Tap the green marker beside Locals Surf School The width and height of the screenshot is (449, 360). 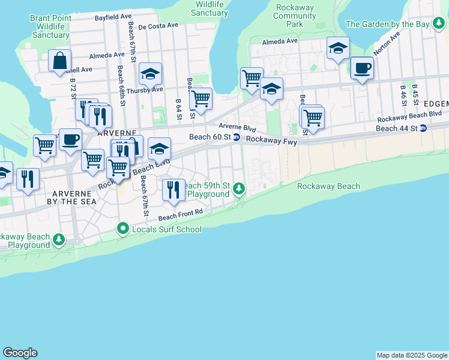pos(123,229)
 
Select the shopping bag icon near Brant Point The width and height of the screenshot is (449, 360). pos(60,61)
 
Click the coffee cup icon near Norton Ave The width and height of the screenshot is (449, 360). pos(361,68)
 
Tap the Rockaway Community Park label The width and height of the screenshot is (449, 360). pos(295,16)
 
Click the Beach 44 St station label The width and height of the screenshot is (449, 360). pos(396,128)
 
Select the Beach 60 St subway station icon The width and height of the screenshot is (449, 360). pos(237,137)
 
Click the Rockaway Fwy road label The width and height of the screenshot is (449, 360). pos(271,139)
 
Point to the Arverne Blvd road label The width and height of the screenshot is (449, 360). pos(237,127)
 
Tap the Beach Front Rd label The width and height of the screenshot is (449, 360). pos(181,214)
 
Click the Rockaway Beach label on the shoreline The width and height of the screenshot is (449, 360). pos(328,186)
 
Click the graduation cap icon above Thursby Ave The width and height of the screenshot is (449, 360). pos(150,74)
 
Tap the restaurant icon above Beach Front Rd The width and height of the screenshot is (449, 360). pos(173,190)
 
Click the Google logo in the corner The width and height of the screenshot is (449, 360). pos(20,353)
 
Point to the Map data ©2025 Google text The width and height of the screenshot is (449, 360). pos(412,355)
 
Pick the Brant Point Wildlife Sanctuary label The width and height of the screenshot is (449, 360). pos(50,26)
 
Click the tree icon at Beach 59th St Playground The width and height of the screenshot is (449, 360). pos(239,190)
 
